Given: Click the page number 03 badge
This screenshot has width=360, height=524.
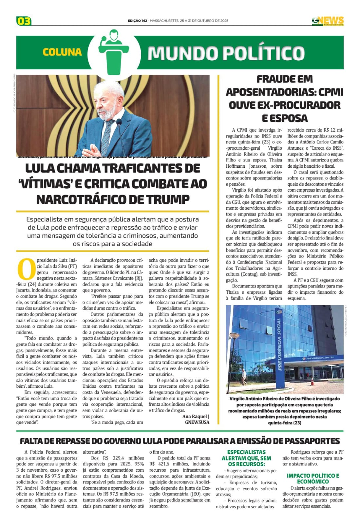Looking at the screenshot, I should (24, 21).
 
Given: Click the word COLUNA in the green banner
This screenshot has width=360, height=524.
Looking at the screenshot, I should (62, 52).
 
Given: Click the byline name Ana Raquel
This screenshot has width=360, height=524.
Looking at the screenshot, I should (195, 416).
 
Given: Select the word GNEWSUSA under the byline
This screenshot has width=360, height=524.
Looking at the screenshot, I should (197, 422).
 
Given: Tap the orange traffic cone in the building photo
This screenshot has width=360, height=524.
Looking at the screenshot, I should (312, 381).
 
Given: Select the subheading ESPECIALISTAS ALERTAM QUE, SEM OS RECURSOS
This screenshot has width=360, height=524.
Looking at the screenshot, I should (246, 458).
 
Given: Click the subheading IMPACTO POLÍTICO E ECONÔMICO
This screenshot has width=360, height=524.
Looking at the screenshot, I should (313, 478).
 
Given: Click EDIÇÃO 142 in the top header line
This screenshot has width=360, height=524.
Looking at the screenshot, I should (137, 21).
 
